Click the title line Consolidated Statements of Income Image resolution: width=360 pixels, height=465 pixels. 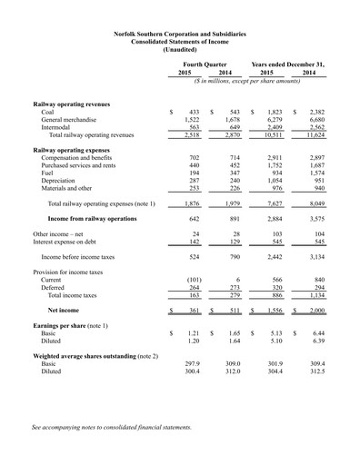179,41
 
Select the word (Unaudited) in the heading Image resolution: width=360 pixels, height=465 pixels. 179,49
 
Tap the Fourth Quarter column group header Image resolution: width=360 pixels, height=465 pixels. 207,64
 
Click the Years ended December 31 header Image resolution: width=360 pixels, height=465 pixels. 287,64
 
